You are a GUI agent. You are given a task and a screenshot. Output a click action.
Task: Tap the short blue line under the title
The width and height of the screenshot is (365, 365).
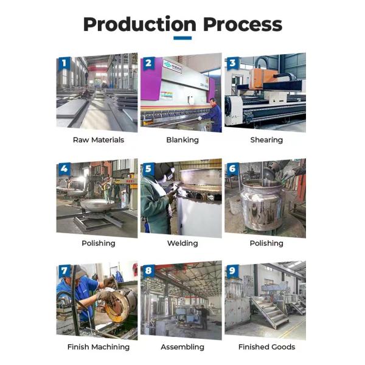[182, 38]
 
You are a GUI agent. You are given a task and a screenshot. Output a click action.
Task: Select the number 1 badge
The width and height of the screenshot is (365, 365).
[64, 63]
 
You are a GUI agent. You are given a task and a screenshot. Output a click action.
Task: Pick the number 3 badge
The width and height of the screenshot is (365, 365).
[232, 63]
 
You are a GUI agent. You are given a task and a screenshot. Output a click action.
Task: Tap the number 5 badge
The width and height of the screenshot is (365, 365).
[148, 169]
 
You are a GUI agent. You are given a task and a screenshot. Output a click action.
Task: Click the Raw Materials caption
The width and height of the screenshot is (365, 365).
[98, 140]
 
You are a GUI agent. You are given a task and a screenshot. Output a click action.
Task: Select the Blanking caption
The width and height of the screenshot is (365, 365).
[182, 140]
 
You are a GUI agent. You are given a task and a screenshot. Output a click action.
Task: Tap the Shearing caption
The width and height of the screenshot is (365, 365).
[266, 140]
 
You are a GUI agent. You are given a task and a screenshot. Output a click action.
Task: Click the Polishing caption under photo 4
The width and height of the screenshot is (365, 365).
[98, 243]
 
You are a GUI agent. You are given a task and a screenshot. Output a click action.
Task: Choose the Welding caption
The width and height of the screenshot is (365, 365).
[182, 243]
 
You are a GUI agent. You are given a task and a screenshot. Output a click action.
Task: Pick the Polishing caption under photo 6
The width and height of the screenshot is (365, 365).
[266, 243]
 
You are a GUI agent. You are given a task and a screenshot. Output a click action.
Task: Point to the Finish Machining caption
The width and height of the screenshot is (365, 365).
[98, 347]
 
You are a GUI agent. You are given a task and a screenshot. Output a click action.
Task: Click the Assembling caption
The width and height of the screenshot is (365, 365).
[182, 347]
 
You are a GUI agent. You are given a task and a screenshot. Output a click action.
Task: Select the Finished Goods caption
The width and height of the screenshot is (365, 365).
[266, 347]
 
